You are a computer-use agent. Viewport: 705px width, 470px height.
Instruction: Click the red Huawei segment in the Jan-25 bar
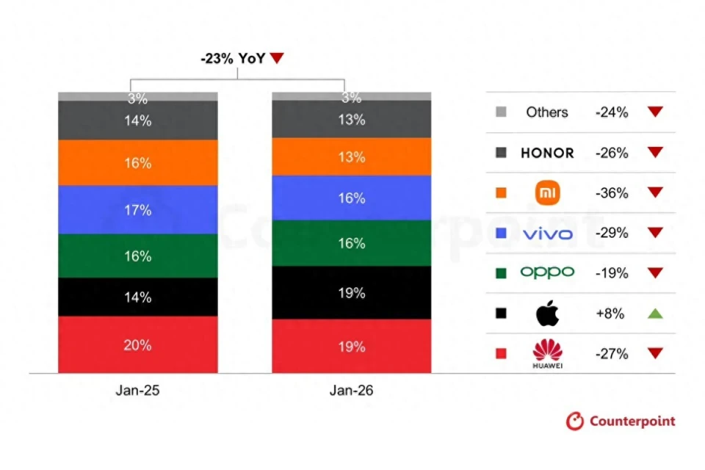pos(138,344)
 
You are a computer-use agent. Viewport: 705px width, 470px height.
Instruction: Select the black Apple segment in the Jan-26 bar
pos(352,292)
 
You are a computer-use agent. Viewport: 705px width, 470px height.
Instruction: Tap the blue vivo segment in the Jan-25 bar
pos(138,210)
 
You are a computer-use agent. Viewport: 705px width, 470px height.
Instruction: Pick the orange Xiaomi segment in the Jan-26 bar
pos(352,156)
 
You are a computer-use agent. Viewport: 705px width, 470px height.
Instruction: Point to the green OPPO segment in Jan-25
pos(138,256)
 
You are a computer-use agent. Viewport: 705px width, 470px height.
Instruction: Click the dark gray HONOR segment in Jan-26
pos(352,120)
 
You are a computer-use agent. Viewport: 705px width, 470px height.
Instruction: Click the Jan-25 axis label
pos(137,391)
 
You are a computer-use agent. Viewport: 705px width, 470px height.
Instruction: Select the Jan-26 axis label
pos(351,391)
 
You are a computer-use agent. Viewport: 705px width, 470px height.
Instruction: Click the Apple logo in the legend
pos(547,314)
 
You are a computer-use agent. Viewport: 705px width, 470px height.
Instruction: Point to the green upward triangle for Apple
pos(655,314)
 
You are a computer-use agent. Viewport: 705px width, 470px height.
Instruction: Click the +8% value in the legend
pos(611,314)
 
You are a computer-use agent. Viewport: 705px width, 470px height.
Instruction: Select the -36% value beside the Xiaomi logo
pos(611,193)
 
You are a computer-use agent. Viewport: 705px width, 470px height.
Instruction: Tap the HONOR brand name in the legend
pos(547,153)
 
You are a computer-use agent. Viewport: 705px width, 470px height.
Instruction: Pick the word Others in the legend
pos(547,112)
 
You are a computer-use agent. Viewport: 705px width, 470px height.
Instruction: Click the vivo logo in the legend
pos(547,234)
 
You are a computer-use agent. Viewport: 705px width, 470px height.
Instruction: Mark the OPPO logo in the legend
pos(547,272)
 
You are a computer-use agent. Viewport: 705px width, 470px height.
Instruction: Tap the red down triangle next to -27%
pos(655,354)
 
